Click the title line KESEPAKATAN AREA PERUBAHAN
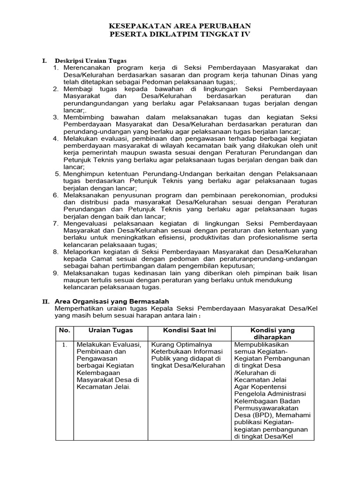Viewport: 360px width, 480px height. pos(180,26)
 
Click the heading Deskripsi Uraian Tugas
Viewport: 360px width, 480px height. pos(91,61)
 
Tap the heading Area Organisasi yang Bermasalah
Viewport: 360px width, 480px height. pos(112,301)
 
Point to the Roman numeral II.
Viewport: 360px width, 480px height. pos(45,301)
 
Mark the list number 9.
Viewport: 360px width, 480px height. pos(55,272)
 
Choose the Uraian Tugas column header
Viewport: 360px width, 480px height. pos(110,330)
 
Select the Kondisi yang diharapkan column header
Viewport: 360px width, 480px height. pos(272,334)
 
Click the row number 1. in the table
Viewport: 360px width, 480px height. pos(65,345)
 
